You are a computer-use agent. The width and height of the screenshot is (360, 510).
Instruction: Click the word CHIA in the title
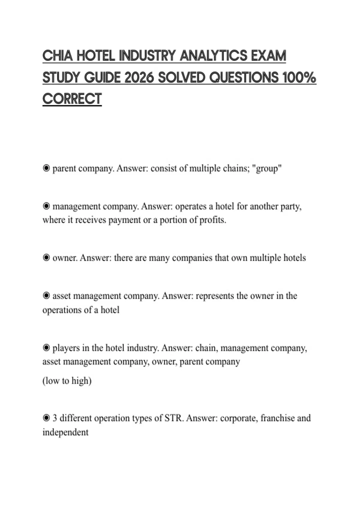[x=57, y=56]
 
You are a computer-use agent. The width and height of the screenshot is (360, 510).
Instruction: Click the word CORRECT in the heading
[x=72, y=99]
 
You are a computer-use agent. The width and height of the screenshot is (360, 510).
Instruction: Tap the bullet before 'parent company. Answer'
[x=46, y=168]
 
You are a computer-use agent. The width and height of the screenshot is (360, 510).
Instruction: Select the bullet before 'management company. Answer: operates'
[x=46, y=206]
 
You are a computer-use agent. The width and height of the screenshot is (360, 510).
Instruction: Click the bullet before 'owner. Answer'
[x=46, y=258]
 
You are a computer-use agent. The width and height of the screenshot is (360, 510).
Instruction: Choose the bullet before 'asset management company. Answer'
[x=46, y=296]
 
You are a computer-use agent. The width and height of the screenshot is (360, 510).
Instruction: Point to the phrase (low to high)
[x=67, y=381]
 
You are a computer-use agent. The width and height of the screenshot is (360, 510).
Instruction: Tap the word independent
[x=65, y=432]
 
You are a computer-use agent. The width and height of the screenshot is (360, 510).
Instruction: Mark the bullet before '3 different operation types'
[x=46, y=418]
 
